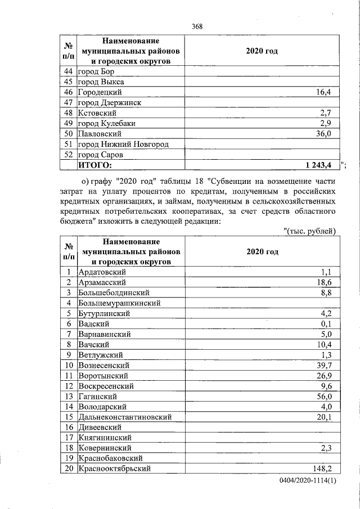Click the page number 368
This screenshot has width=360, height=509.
click(x=197, y=26)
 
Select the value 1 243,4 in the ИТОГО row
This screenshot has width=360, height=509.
click(x=318, y=164)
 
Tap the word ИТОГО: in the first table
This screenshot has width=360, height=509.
click(x=95, y=164)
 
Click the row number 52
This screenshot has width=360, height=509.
click(x=69, y=154)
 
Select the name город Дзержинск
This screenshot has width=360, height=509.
click(x=109, y=102)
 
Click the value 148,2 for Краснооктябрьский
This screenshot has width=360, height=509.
click(x=323, y=469)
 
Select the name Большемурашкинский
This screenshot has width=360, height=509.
click(x=120, y=303)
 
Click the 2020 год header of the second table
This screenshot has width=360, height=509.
click(x=262, y=252)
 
